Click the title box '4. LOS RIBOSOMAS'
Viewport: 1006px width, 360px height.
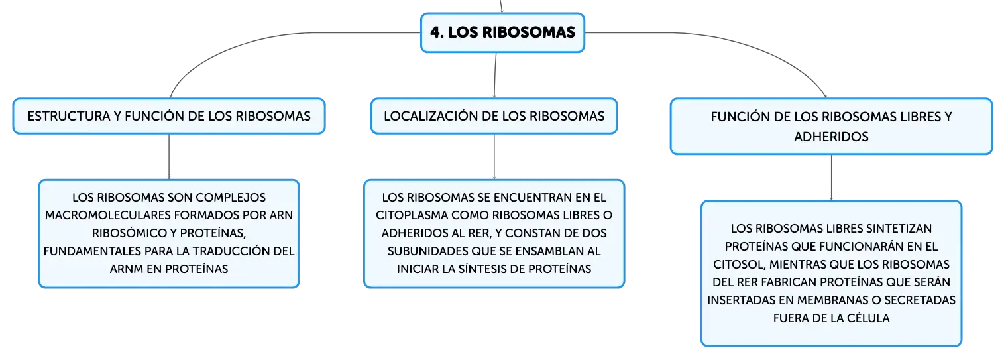(502, 32)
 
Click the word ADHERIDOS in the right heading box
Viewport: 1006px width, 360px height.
(831, 137)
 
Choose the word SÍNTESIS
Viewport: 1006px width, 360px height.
(482, 269)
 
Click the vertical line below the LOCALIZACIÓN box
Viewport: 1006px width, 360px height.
(494, 157)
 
